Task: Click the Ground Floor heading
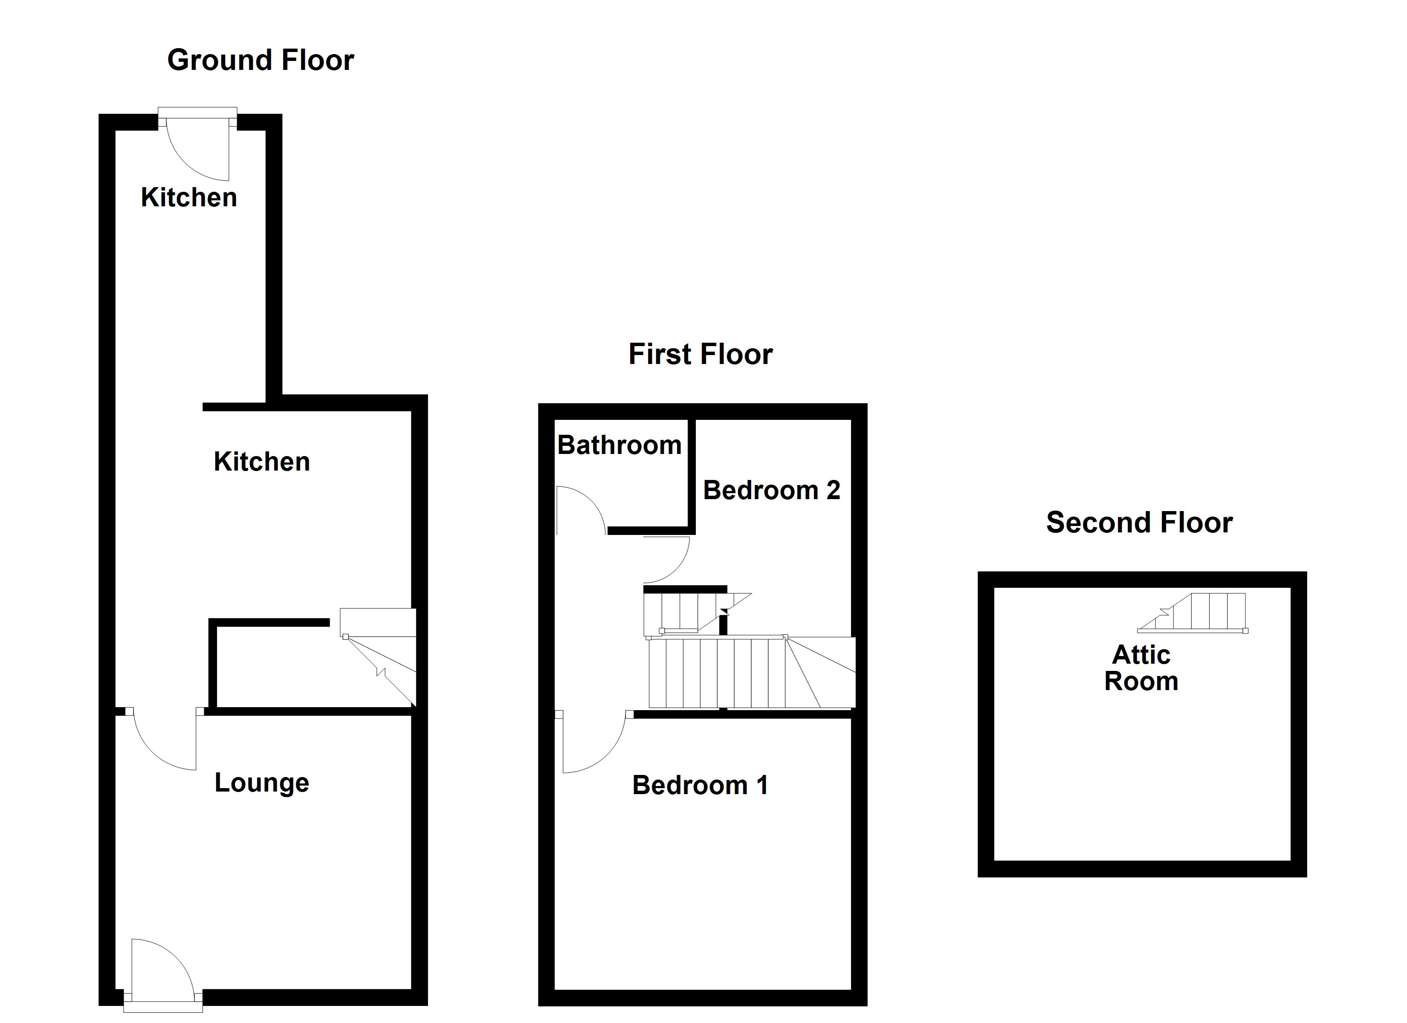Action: tap(261, 60)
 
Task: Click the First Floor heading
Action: tap(701, 354)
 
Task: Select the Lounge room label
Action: tap(262, 783)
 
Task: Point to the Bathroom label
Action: tap(619, 445)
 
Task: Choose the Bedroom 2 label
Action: tap(771, 490)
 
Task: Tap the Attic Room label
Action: tap(1141, 668)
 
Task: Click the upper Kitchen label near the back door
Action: tap(188, 197)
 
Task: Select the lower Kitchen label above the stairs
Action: tap(262, 462)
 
